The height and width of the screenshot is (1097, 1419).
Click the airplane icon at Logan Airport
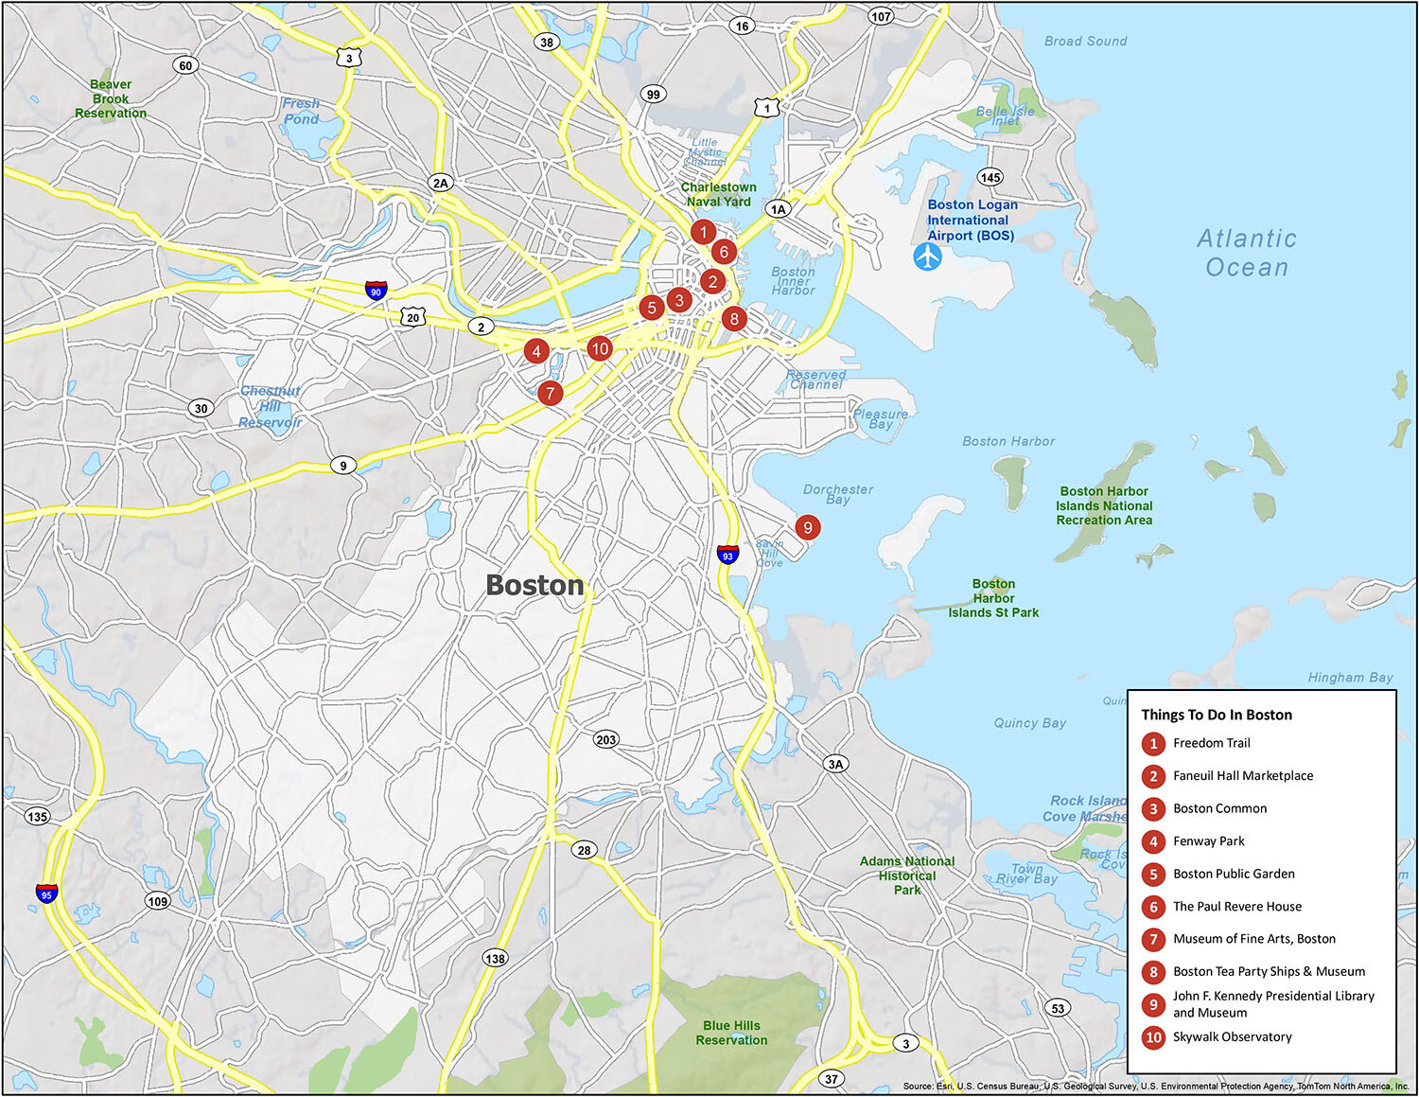click(x=927, y=257)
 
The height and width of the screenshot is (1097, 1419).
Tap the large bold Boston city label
click(x=534, y=586)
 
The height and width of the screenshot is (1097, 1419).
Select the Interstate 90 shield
click(x=376, y=291)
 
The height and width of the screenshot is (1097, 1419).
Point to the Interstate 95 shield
click(x=46, y=893)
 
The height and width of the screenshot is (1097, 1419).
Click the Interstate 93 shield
click(x=727, y=554)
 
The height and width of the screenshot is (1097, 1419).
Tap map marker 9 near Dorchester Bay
click(x=807, y=527)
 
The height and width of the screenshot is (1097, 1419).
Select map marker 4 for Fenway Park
click(x=536, y=351)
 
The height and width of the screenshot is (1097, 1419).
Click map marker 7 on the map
click(x=550, y=393)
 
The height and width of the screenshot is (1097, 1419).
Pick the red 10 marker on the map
click(x=599, y=348)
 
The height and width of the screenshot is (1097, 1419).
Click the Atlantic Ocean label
click(x=1246, y=253)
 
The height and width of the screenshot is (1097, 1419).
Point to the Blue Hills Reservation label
click(x=731, y=1033)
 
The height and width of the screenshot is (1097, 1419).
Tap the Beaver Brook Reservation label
click(x=111, y=98)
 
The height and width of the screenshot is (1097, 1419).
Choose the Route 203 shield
click(x=606, y=739)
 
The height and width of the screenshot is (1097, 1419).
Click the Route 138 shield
click(x=495, y=958)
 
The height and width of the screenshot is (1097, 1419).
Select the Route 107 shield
click(x=881, y=16)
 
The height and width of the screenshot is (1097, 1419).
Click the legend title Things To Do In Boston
click(x=1216, y=715)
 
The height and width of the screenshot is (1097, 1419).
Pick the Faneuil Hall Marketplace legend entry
click(x=1242, y=775)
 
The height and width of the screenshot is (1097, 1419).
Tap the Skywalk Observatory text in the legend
click(x=1232, y=1036)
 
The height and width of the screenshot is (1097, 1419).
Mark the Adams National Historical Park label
click(x=906, y=876)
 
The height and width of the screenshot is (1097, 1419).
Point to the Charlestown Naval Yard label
click(x=718, y=194)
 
